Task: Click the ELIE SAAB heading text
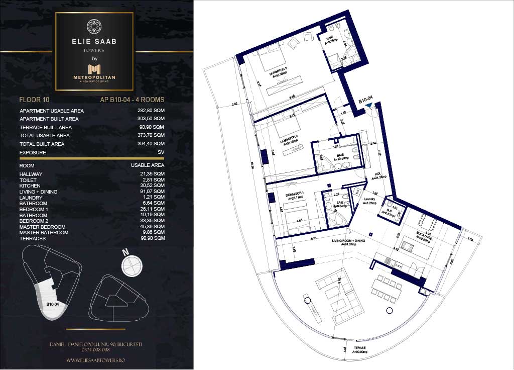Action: (x=94, y=42)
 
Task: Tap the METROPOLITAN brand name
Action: (x=94, y=77)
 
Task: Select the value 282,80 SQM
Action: (x=151, y=111)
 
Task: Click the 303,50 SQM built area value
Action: (x=151, y=119)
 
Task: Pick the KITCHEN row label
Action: (x=30, y=186)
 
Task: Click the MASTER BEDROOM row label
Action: (x=40, y=227)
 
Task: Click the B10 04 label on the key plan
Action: (x=53, y=304)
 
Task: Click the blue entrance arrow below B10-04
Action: (x=370, y=106)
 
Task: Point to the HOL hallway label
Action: (x=377, y=174)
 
